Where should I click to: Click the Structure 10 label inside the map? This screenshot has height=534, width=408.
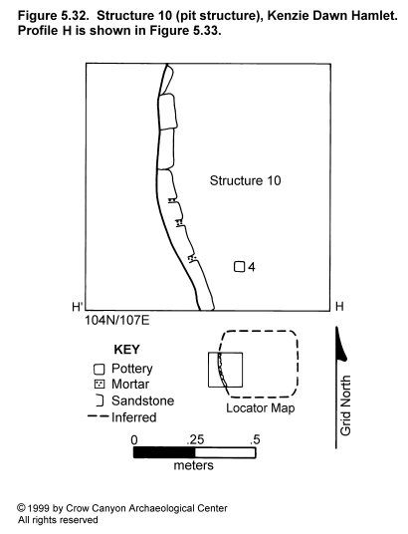[x=246, y=180]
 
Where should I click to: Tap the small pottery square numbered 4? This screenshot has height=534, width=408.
[x=239, y=267]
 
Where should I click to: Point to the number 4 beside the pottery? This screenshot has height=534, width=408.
[x=252, y=267]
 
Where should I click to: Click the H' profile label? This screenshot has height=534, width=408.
[x=78, y=307]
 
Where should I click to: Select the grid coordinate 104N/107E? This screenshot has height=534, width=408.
[x=116, y=320]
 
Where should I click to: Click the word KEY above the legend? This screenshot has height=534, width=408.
[x=126, y=350]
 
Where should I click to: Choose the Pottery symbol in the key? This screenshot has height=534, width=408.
[x=100, y=370]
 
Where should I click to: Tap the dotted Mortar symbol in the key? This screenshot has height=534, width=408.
[x=100, y=385]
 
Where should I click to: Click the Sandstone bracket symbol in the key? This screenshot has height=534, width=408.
[x=102, y=400]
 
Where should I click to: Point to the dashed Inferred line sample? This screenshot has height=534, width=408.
[x=98, y=416]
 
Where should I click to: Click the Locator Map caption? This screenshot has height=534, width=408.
[x=261, y=408]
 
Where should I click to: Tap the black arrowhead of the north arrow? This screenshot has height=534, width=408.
[x=340, y=344]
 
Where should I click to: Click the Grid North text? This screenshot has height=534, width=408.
[x=345, y=405]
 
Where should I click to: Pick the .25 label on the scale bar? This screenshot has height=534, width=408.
[x=195, y=439]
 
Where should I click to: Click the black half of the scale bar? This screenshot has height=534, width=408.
[x=164, y=452]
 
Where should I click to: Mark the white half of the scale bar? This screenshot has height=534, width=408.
[x=225, y=452]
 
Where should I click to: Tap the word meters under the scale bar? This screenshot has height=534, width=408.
[x=194, y=465]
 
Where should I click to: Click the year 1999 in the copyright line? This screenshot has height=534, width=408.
[x=39, y=508]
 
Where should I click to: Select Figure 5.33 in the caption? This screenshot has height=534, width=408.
[x=184, y=30]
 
